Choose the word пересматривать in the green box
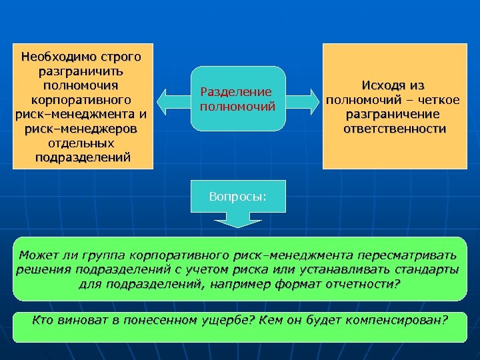[x=407, y=255]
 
